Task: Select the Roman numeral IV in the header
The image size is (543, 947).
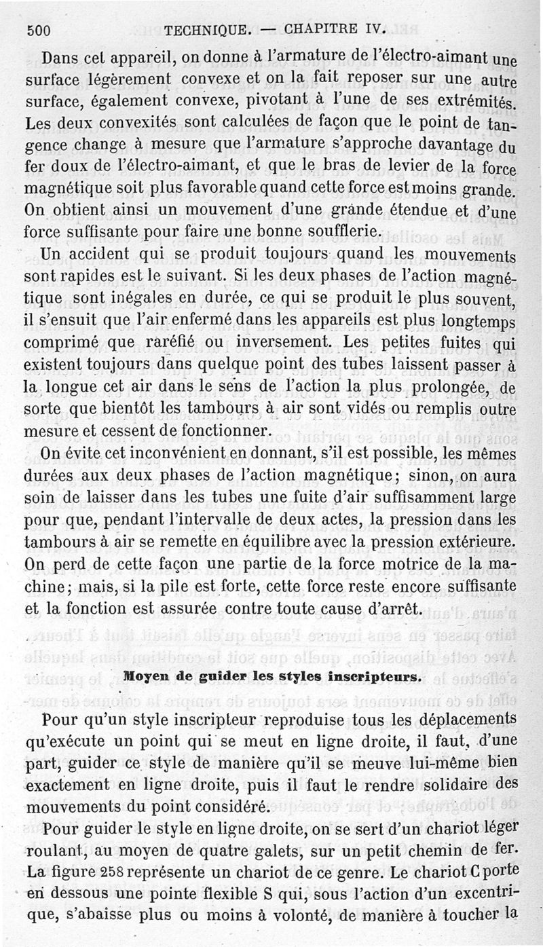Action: click(373, 29)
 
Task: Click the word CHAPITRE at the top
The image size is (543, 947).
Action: click(320, 29)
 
